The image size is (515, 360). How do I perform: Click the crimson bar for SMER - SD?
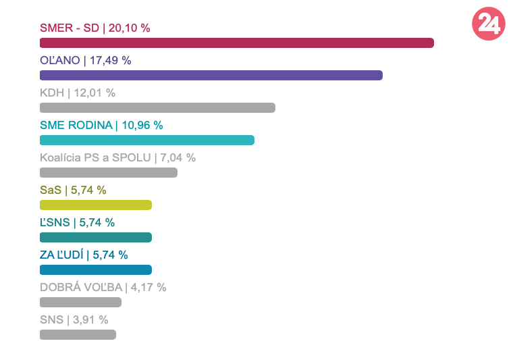tap(236, 43)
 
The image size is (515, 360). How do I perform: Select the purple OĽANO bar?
tap(211, 75)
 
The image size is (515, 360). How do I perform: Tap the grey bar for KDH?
tap(157, 107)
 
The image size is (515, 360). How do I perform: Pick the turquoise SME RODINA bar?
tap(147, 140)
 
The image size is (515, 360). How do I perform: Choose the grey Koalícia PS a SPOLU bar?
tap(109, 172)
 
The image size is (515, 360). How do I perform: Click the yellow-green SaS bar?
tap(96, 205)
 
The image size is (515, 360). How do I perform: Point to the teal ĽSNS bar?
tap(96, 237)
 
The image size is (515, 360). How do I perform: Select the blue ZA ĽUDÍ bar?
tap(96, 269)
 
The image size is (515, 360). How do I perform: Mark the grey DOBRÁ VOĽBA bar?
tap(80, 302)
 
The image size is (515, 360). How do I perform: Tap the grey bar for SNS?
tap(78, 334)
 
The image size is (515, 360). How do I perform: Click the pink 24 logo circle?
tap(488, 24)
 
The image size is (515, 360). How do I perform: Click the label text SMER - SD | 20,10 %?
tap(94, 28)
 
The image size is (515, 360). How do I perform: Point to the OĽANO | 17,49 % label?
tap(85, 60)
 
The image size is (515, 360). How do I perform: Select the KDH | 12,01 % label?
tap(78, 93)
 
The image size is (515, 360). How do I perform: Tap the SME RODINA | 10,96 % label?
tap(101, 125)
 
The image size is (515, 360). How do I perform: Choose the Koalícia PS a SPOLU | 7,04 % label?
tap(117, 157)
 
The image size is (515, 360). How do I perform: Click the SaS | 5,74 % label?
tap(73, 190)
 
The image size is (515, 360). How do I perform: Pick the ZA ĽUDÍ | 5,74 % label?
tap(84, 255)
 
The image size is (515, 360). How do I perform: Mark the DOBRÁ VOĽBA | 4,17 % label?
tap(103, 287)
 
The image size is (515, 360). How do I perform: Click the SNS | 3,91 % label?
tap(74, 319)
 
